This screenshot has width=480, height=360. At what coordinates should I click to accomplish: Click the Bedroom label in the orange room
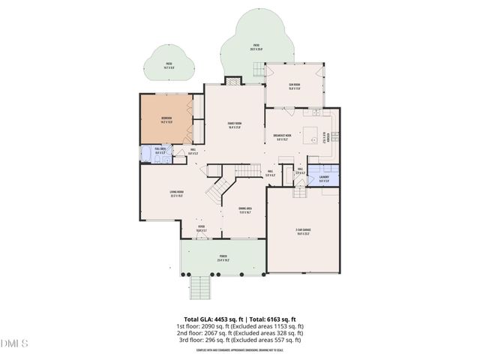tap(166, 118)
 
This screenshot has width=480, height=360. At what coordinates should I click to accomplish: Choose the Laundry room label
tap(323, 178)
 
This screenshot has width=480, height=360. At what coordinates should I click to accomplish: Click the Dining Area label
tap(245, 210)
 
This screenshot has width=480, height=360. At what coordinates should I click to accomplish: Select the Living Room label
tap(178, 193)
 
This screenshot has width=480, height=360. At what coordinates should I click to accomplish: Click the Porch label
tap(223, 258)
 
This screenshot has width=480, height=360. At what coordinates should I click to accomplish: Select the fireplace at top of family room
tap(233, 80)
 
